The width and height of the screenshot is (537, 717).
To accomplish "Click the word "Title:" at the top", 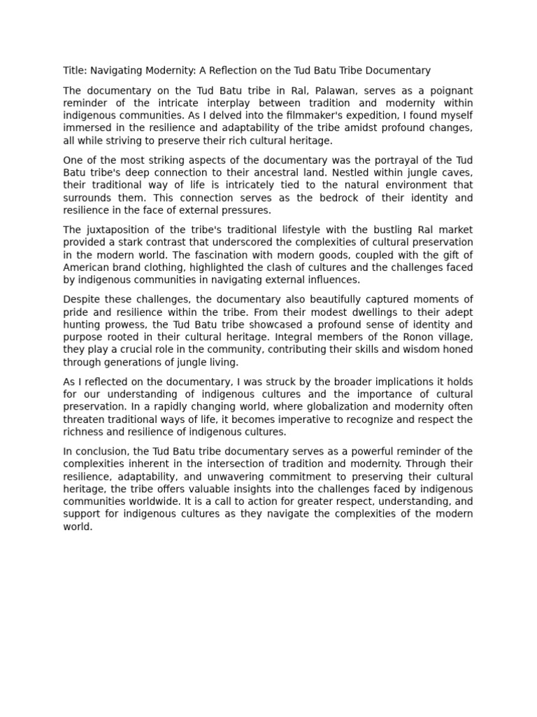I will click(x=75, y=71).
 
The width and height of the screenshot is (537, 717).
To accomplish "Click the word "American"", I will click(x=85, y=268).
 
